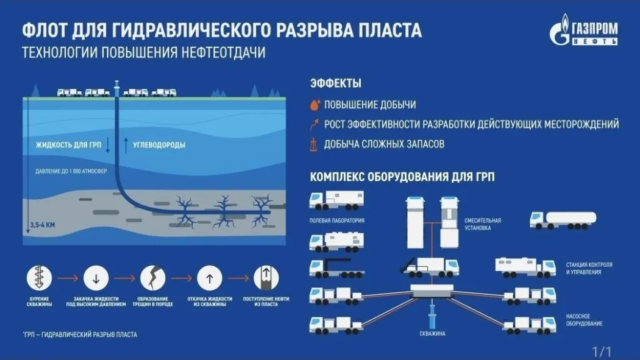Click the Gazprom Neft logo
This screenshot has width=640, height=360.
tap(584, 29)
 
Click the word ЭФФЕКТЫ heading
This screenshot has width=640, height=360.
tap(335, 83)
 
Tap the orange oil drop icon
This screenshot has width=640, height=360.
tap(315, 105)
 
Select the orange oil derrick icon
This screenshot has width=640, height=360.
tap(313, 144)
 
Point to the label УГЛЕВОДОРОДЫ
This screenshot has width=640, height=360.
tap(159, 145)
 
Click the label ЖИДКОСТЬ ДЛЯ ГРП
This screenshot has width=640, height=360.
tap(68, 145)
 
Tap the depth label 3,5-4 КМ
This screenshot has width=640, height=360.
tap(43, 225)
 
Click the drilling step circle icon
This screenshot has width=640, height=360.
tap(39, 278)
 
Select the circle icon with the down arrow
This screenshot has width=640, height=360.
tap(96, 278)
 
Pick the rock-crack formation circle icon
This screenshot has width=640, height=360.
tap(152, 278)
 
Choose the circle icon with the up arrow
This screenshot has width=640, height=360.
tap(210, 278)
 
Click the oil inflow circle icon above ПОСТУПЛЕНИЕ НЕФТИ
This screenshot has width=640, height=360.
tap(266, 278)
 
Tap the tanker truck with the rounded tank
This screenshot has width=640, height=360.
tap(563, 220)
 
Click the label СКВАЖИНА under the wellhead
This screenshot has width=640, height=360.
tap(432, 333)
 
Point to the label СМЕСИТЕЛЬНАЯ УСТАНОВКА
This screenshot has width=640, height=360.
tap(483, 224)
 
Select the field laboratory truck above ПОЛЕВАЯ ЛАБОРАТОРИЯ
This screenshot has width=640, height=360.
tap(336, 201)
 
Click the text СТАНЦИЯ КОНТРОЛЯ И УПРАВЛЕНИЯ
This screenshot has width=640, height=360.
tap(589, 268)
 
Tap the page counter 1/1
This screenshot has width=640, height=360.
tap(602, 351)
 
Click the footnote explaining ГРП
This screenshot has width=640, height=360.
tap(80, 335)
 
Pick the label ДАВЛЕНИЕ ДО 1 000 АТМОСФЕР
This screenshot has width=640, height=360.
tap(71, 171)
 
